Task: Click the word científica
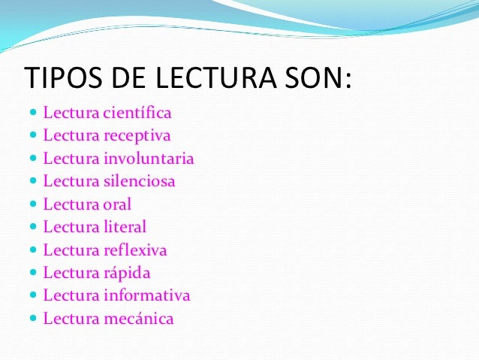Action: (137, 113)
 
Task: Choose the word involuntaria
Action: (149, 159)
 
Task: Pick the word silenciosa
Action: (140, 181)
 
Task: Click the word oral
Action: (116, 204)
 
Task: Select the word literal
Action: (124, 226)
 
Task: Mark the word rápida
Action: (128, 272)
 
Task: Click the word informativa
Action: (146, 295)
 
